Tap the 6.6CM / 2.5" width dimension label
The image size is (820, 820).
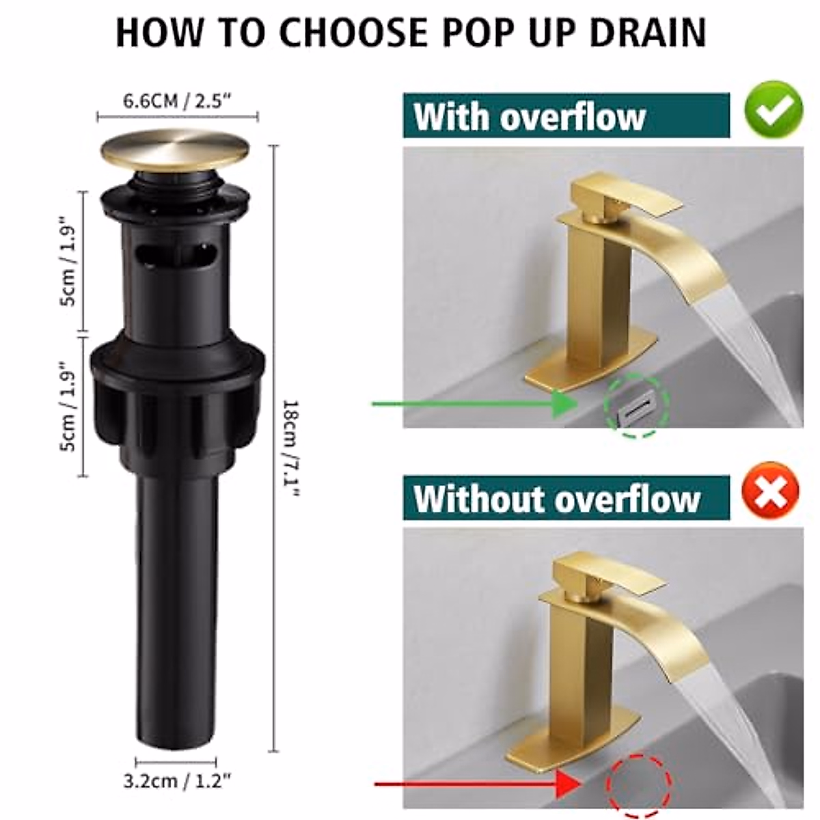[x=177, y=101]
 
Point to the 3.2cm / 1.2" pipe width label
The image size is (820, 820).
[x=177, y=781]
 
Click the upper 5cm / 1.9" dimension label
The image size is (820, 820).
[x=71, y=262]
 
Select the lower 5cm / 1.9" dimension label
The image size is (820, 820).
[x=71, y=406]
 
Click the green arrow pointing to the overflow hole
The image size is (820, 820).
[x=478, y=404]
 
